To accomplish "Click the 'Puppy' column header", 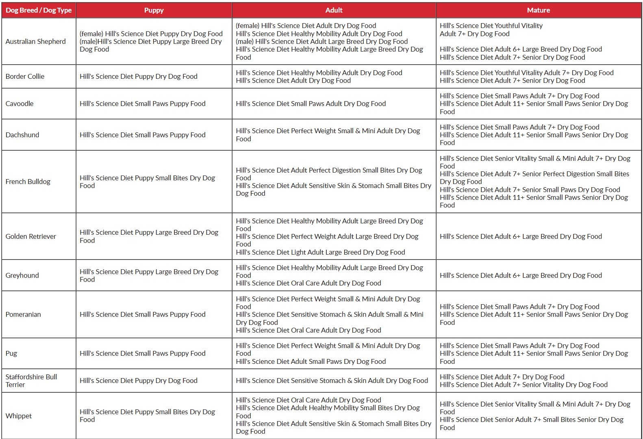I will coord(154,10).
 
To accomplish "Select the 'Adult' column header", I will coord(334,10).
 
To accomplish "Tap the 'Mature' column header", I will coord(538,10).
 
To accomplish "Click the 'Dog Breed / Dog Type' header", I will coord(39,10).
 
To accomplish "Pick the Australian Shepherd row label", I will coord(35,41).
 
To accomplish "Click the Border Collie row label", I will coord(25,76).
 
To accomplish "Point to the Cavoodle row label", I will coord(20,104).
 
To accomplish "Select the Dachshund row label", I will coord(22,135).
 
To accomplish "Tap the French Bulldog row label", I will coord(28,182).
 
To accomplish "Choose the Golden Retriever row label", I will coord(31,236).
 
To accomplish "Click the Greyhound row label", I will coord(22,275).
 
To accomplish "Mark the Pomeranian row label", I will coord(23,314).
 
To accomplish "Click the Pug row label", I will coord(11,353).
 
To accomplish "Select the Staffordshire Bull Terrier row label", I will coord(31,381).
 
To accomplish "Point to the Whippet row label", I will coord(19,416).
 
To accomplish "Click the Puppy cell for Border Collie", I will coord(139,76).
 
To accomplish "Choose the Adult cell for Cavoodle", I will coord(311,104).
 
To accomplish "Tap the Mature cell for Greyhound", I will coord(521,275).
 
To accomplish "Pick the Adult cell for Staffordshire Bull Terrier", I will coord(332,381).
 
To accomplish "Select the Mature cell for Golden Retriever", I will coord(521,236).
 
